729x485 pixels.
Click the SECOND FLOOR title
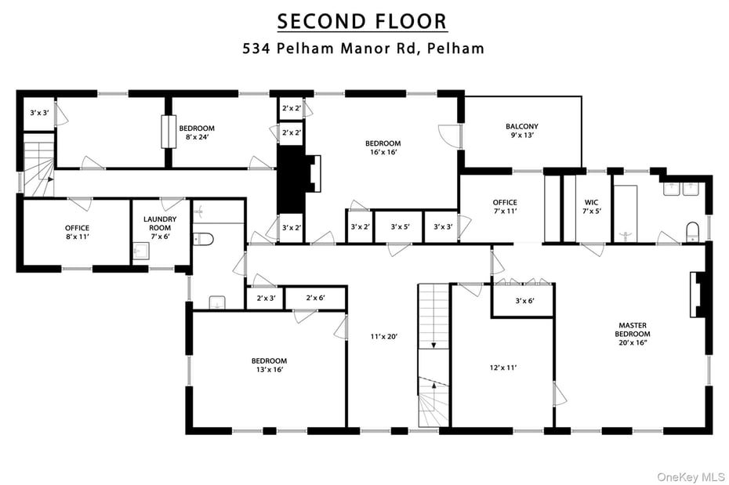(361, 20)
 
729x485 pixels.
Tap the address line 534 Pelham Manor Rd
(361, 48)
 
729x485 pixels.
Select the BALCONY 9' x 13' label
(521, 131)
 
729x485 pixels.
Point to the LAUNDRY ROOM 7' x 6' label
(159, 228)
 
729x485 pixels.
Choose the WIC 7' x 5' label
(592, 207)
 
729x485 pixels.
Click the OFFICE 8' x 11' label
(77, 233)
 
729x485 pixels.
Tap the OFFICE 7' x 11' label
(505, 207)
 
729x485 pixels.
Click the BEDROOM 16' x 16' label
(383, 148)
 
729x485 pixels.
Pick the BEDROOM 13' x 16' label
(269, 365)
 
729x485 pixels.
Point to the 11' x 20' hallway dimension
(385, 337)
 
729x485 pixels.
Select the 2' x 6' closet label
(315, 299)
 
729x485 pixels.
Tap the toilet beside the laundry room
(202, 238)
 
